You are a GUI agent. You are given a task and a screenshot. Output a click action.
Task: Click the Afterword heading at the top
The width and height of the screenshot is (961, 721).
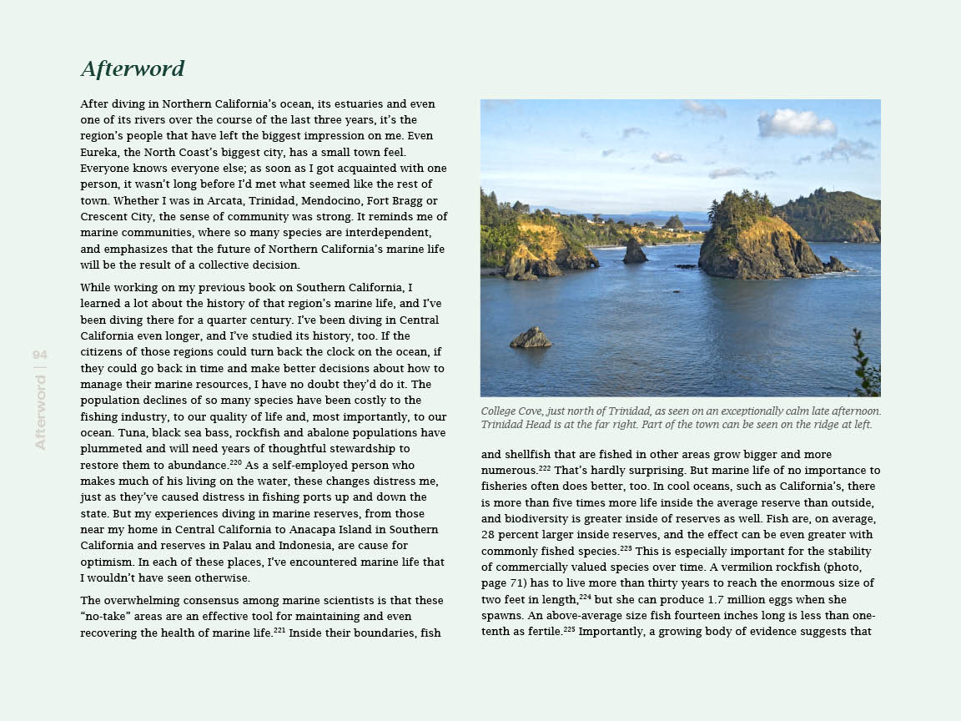133,68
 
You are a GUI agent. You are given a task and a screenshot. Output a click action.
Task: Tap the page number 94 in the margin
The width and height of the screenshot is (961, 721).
40,355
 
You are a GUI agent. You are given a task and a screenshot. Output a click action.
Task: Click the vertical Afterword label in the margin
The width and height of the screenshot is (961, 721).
40,413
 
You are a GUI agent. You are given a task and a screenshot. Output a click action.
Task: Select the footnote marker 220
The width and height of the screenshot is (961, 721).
235,461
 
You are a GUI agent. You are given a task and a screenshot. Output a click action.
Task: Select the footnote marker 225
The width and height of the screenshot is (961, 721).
569,628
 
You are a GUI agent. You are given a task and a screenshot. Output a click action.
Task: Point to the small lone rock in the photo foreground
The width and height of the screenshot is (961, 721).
531,338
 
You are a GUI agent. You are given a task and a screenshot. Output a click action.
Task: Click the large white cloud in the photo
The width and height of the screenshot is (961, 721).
797,124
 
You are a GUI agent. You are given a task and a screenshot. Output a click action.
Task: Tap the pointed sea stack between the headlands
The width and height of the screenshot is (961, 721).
636,250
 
